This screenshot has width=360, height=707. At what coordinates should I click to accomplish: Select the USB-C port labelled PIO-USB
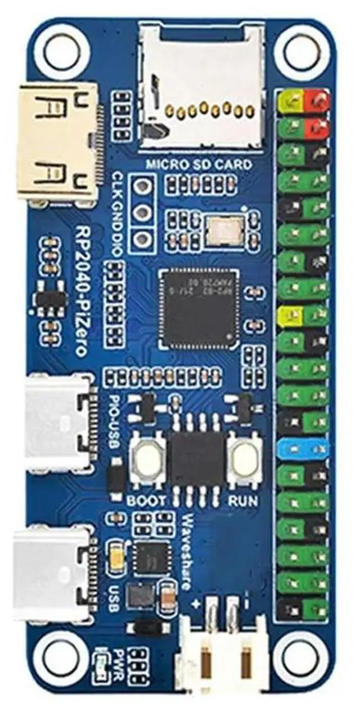click(x=56, y=422)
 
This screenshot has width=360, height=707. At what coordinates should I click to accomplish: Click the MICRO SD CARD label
click(x=199, y=165)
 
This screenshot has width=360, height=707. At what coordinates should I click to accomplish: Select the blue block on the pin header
click(x=303, y=448)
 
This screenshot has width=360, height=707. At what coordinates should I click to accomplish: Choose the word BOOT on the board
click(x=147, y=500)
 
